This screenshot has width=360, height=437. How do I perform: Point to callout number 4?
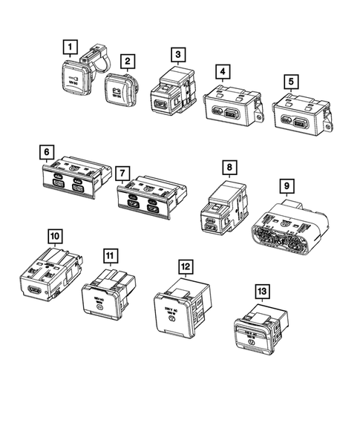[x=221, y=71]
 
